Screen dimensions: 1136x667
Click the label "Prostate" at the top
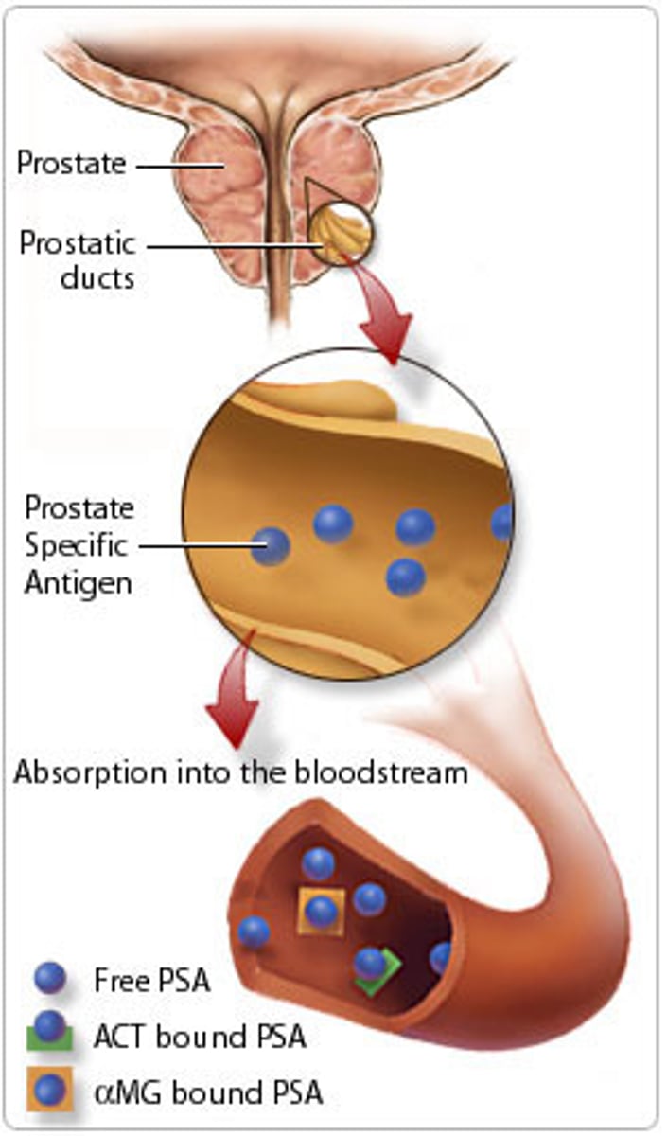pos(71,163)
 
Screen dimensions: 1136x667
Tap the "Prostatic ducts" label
pos(78,260)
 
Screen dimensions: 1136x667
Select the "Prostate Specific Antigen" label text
pos(79,546)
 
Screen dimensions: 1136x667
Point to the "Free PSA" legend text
pos(151,980)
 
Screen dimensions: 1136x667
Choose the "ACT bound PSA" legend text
pos(200,1037)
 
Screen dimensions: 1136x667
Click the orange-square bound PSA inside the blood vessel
pos(321,912)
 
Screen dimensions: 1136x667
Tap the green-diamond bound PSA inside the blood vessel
pos(374,967)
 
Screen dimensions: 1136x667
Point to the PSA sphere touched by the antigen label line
pos(272,546)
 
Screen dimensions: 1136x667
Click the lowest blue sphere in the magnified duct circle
pos(405,577)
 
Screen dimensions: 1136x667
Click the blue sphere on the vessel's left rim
pos(254,932)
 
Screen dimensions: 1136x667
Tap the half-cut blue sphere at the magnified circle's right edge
pos(502,522)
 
